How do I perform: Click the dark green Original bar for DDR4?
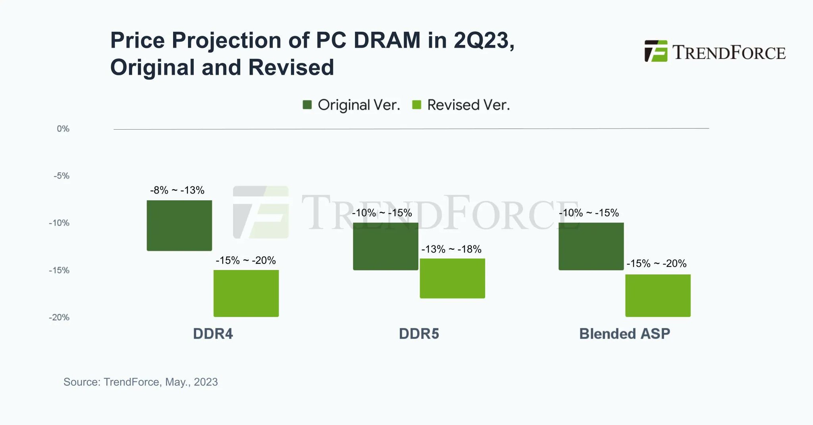[179, 226]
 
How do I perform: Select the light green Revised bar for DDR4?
[246, 293]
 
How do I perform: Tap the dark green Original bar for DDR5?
[385, 246]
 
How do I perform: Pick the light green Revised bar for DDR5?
[452, 278]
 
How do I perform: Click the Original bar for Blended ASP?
[591, 246]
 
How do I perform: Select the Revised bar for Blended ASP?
[658, 295]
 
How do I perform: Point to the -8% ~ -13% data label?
[177, 190]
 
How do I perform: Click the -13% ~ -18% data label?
[451, 249]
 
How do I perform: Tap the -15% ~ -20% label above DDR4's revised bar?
[246, 260]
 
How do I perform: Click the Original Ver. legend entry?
[351, 105]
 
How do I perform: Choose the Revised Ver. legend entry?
[461, 105]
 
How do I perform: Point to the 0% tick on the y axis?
[63, 129]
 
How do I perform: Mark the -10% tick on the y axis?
[59, 223]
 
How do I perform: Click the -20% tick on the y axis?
[59, 317]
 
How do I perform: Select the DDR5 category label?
[419, 334]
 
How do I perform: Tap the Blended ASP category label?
[624, 334]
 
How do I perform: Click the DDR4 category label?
[213, 334]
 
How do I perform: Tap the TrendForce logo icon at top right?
[656, 51]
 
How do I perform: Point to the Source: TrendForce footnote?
[141, 382]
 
